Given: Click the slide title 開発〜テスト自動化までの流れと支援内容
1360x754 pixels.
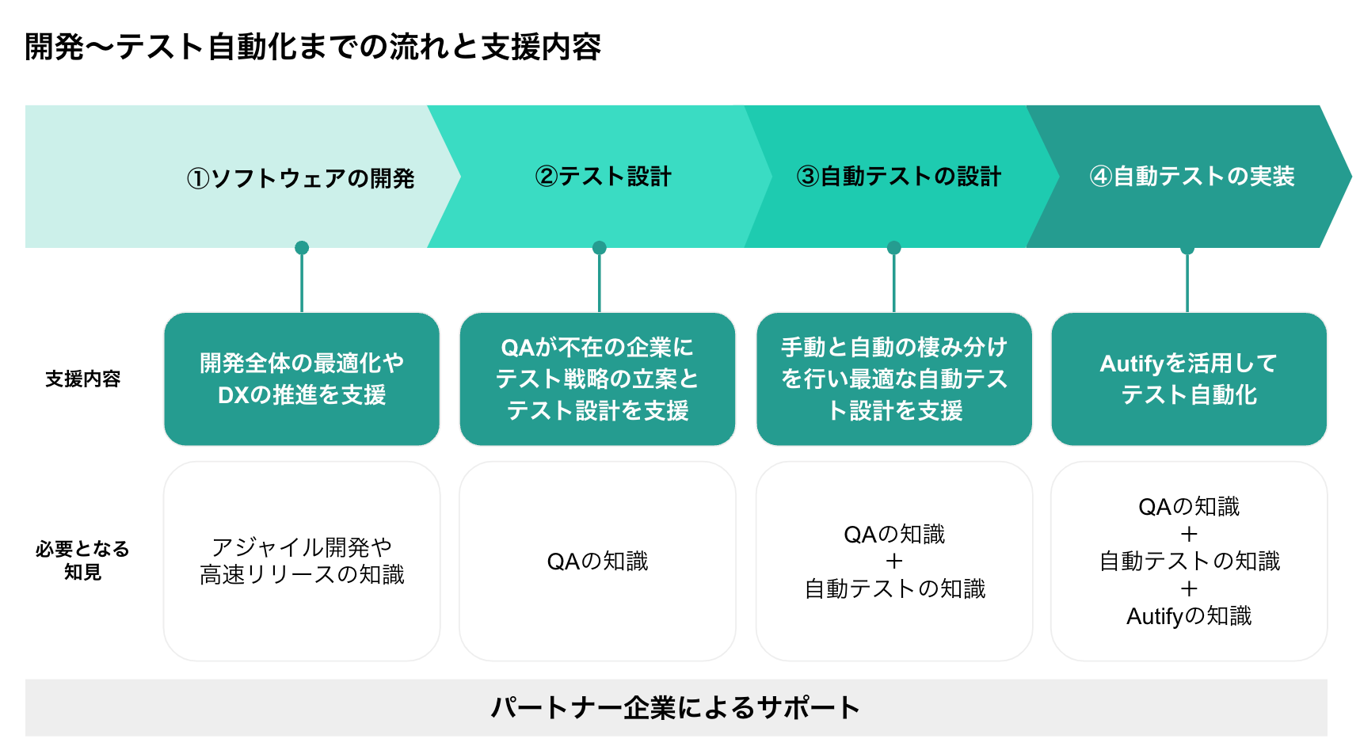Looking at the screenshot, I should (x=313, y=48).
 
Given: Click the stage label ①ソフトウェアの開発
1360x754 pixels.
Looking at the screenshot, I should (x=300, y=178).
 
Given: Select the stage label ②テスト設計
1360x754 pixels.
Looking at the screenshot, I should (x=603, y=176).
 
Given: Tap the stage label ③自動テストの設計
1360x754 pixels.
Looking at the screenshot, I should (x=898, y=176).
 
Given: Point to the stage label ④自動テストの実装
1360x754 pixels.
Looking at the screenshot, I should (x=1191, y=176).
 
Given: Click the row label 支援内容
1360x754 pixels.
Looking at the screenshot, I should (x=82, y=379).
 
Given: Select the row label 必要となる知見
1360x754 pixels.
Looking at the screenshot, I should (x=82, y=560).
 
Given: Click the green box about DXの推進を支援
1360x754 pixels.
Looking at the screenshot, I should (x=302, y=379).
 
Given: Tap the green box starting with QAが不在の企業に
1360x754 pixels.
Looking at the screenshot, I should (x=597, y=379).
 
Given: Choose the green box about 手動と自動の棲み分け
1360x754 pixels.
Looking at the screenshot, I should (x=894, y=379).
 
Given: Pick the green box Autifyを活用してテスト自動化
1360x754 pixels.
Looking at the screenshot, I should (x=1188, y=379).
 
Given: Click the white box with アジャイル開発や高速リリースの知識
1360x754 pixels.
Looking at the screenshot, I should (x=302, y=561).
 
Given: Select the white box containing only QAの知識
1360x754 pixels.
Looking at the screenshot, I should (x=597, y=561).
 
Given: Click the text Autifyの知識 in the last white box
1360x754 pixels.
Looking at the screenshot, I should (x=1188, y=616).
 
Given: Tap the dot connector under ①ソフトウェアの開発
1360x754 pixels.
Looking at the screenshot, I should (x=302, y=248).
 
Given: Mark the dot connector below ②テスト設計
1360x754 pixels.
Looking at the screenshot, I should (x=600, y=248).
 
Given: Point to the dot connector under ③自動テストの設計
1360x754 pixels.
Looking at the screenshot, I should (x=894, y=248).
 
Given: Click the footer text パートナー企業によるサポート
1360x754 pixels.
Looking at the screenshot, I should (x=675, y=707).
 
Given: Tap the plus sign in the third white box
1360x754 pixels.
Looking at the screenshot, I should (x=894, y=562).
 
